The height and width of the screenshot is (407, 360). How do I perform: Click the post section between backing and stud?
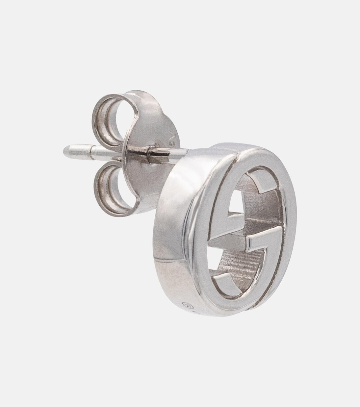pos(168,153)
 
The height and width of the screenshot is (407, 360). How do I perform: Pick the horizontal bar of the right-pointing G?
pos(260,242)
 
